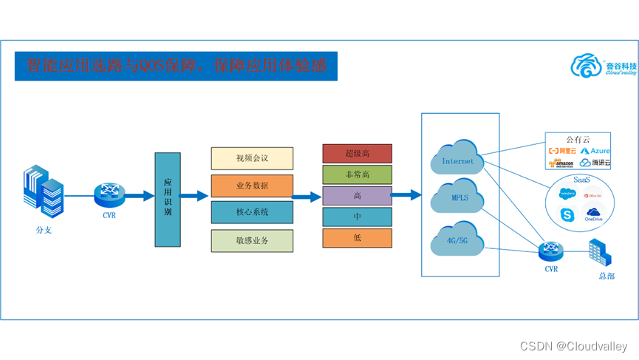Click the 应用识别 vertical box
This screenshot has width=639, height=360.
point(167,200)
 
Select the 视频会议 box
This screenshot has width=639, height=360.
point(252,158)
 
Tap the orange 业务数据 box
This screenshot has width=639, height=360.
point(252,186)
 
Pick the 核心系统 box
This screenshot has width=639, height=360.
point(252,212)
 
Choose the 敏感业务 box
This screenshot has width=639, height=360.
point(252,240)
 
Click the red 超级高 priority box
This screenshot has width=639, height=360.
point(357,154)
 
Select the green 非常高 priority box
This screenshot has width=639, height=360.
point(357,175)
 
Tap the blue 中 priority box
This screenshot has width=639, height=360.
point(357,217)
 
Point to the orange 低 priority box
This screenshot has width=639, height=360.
point(357,238)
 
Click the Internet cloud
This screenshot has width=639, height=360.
point(459,157)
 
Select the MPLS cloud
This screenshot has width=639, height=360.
point(459,196)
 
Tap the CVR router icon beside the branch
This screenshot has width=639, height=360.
point(109,195)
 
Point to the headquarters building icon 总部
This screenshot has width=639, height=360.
point(599,255)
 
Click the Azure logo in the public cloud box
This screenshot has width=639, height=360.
point(595,151)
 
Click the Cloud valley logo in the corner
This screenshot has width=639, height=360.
point(603,67)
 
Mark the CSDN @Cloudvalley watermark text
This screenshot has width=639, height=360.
point(573,346)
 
